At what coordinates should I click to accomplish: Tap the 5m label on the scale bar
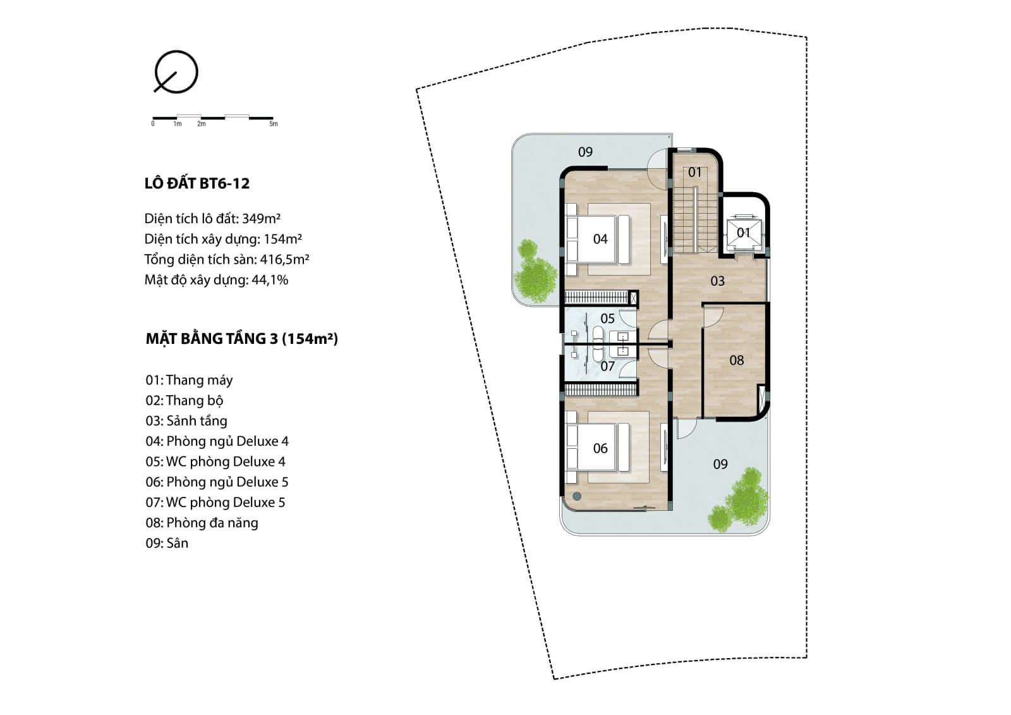tap(274, 124)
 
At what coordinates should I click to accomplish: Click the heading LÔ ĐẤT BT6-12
tap(197, 183)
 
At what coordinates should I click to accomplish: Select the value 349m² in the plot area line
tap(262, 219)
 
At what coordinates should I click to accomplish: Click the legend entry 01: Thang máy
tap(189, 381)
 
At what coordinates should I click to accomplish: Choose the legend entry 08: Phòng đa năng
tap(202, 523)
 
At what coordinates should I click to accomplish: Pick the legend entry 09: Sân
tap(167, 543)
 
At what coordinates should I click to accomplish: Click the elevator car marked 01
tap(743, 233)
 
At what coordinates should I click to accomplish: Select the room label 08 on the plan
tap(737, 360)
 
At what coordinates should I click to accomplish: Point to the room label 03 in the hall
tap(718, 281)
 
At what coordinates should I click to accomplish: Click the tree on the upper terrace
tap(535, 271)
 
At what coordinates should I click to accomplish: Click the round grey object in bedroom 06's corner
tap(577, 496)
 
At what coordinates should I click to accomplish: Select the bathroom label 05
tap(607, 319)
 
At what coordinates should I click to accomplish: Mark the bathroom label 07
tap(607, 366)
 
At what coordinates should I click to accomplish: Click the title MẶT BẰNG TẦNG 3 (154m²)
tap(242, 339)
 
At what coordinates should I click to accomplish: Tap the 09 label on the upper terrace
tap(585, 152)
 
